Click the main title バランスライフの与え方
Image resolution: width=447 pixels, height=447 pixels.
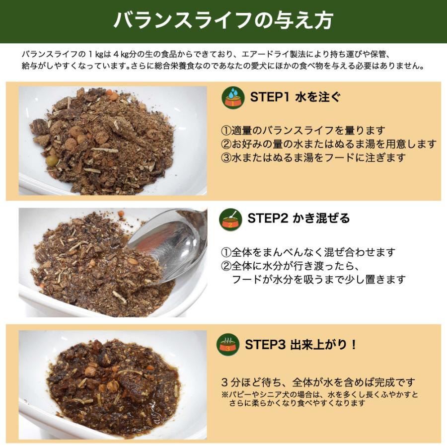[x=223, y=21]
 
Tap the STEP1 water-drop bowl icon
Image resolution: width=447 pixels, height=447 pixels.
[x=232, y=97]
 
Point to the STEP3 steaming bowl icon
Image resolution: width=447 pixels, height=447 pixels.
[x=229, y=344]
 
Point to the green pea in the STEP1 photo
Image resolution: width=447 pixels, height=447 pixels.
[x=52, y=161]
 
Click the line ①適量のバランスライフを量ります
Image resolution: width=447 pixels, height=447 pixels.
[x=303, y=131]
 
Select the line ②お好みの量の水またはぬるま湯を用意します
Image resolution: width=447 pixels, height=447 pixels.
[x=328, y=144]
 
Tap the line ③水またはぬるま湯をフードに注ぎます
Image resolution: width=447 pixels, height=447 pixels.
[x=313, y=157]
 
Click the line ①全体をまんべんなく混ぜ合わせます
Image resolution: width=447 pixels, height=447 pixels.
[x=308, y=253]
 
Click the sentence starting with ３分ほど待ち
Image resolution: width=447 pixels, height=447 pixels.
[x=318, y=383]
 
